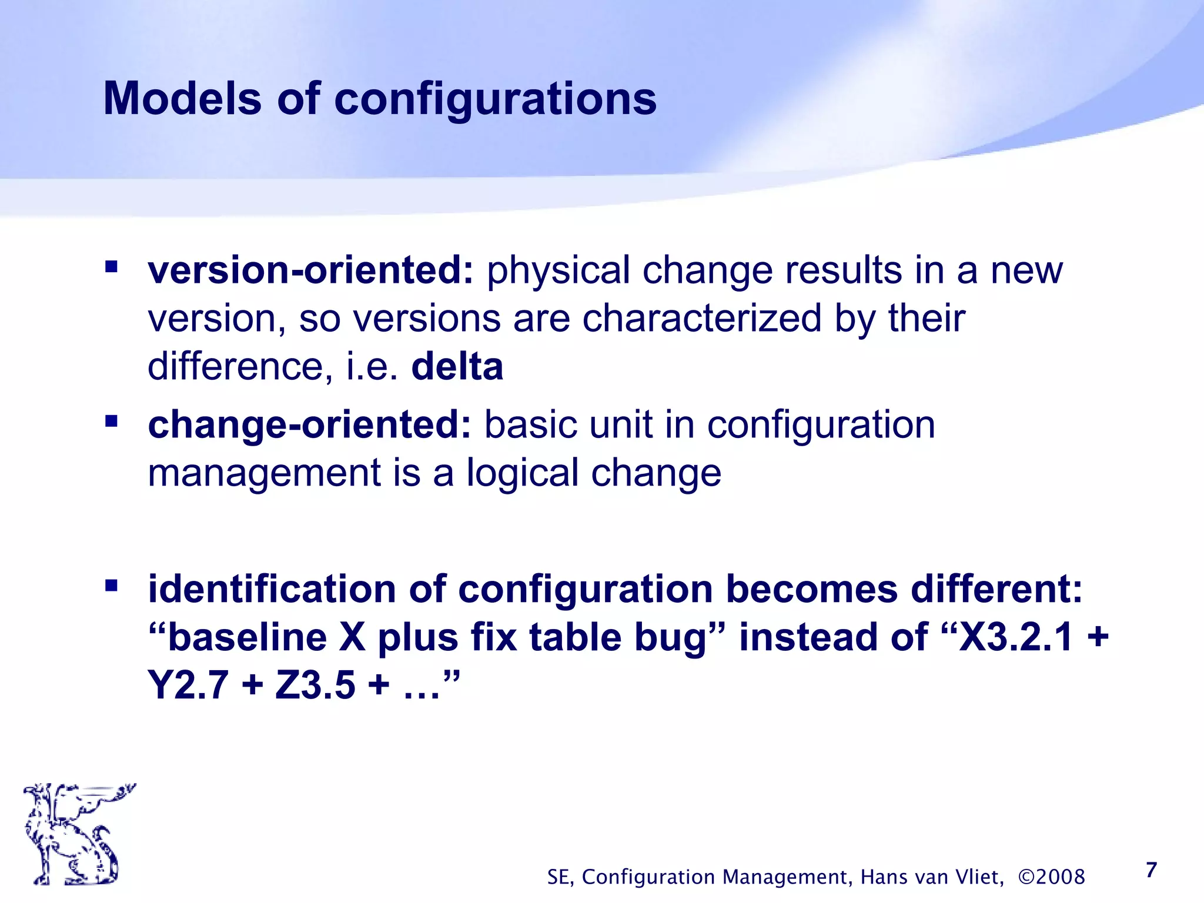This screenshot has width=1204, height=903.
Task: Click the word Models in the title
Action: coord(182,98)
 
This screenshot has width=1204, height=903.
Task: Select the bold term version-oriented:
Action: coord(310,270)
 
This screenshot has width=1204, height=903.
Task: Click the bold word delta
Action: coord(457,367)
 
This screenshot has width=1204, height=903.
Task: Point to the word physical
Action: coord(558,272)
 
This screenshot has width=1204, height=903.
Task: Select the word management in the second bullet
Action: coord(265,474)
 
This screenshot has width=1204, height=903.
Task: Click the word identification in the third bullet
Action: coord(272,589)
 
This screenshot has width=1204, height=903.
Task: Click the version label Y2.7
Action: coord(188,685)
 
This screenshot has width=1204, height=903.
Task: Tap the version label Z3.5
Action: coord(315,685)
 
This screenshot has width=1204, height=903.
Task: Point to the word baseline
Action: coord(247,637)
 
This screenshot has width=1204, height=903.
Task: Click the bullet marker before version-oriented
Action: coord(111,267)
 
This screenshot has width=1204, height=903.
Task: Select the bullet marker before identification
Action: coord(111,586)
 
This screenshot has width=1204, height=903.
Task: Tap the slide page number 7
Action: coord(1151,869)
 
